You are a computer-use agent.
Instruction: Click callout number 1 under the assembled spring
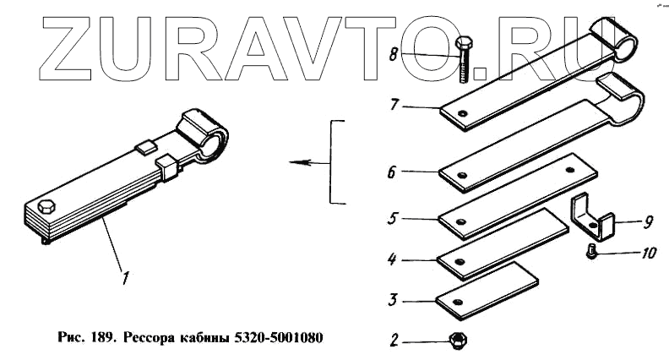(x=126, y=275)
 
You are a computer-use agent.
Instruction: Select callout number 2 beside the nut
(x=394, y=341)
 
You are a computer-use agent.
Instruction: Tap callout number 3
(x=394, y=299)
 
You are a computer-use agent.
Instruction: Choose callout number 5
(x=392, y=217)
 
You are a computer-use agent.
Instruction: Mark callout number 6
(x=391, y=172)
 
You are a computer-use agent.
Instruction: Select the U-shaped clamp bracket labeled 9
(x=592, y=219)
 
